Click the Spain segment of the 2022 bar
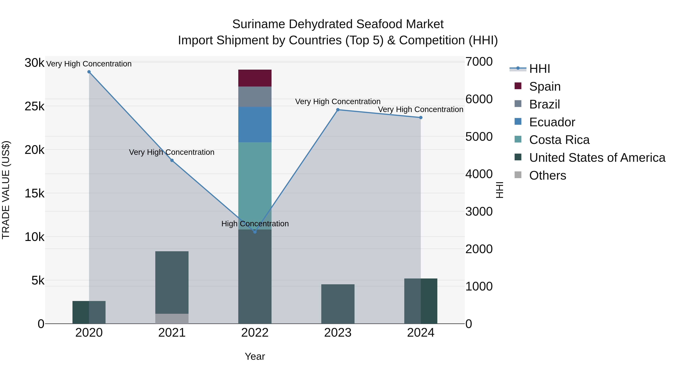255,78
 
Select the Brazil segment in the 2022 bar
255,96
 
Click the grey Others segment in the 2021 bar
172,318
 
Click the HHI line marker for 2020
89,72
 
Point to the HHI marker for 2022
255,232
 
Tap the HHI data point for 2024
421,117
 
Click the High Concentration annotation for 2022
255,224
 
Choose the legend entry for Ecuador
552,122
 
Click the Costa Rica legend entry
559,140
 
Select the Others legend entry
547,175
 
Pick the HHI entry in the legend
539,69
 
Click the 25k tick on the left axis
34,106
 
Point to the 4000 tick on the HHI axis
479,174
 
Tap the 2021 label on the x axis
172,333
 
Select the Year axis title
255,356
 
